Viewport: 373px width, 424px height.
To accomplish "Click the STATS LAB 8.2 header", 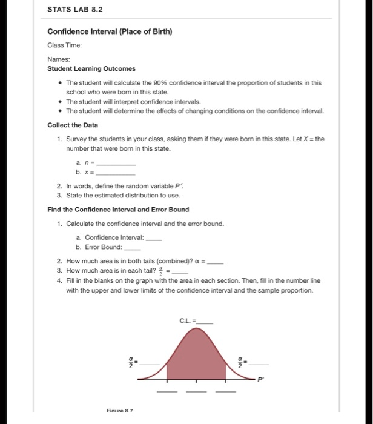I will click(x=75, y=9).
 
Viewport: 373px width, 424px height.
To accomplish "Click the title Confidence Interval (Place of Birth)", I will click(x=110, y=32).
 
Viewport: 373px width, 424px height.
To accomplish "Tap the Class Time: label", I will click(x=65, y=45).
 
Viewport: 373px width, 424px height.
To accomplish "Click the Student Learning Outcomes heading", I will click(x=91, y=68).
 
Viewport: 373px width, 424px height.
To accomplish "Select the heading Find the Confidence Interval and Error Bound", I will click(x=118, y=210).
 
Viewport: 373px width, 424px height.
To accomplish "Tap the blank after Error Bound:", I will click(x=132, y=248).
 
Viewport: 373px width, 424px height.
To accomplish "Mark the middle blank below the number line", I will click(x=195, y=392).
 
